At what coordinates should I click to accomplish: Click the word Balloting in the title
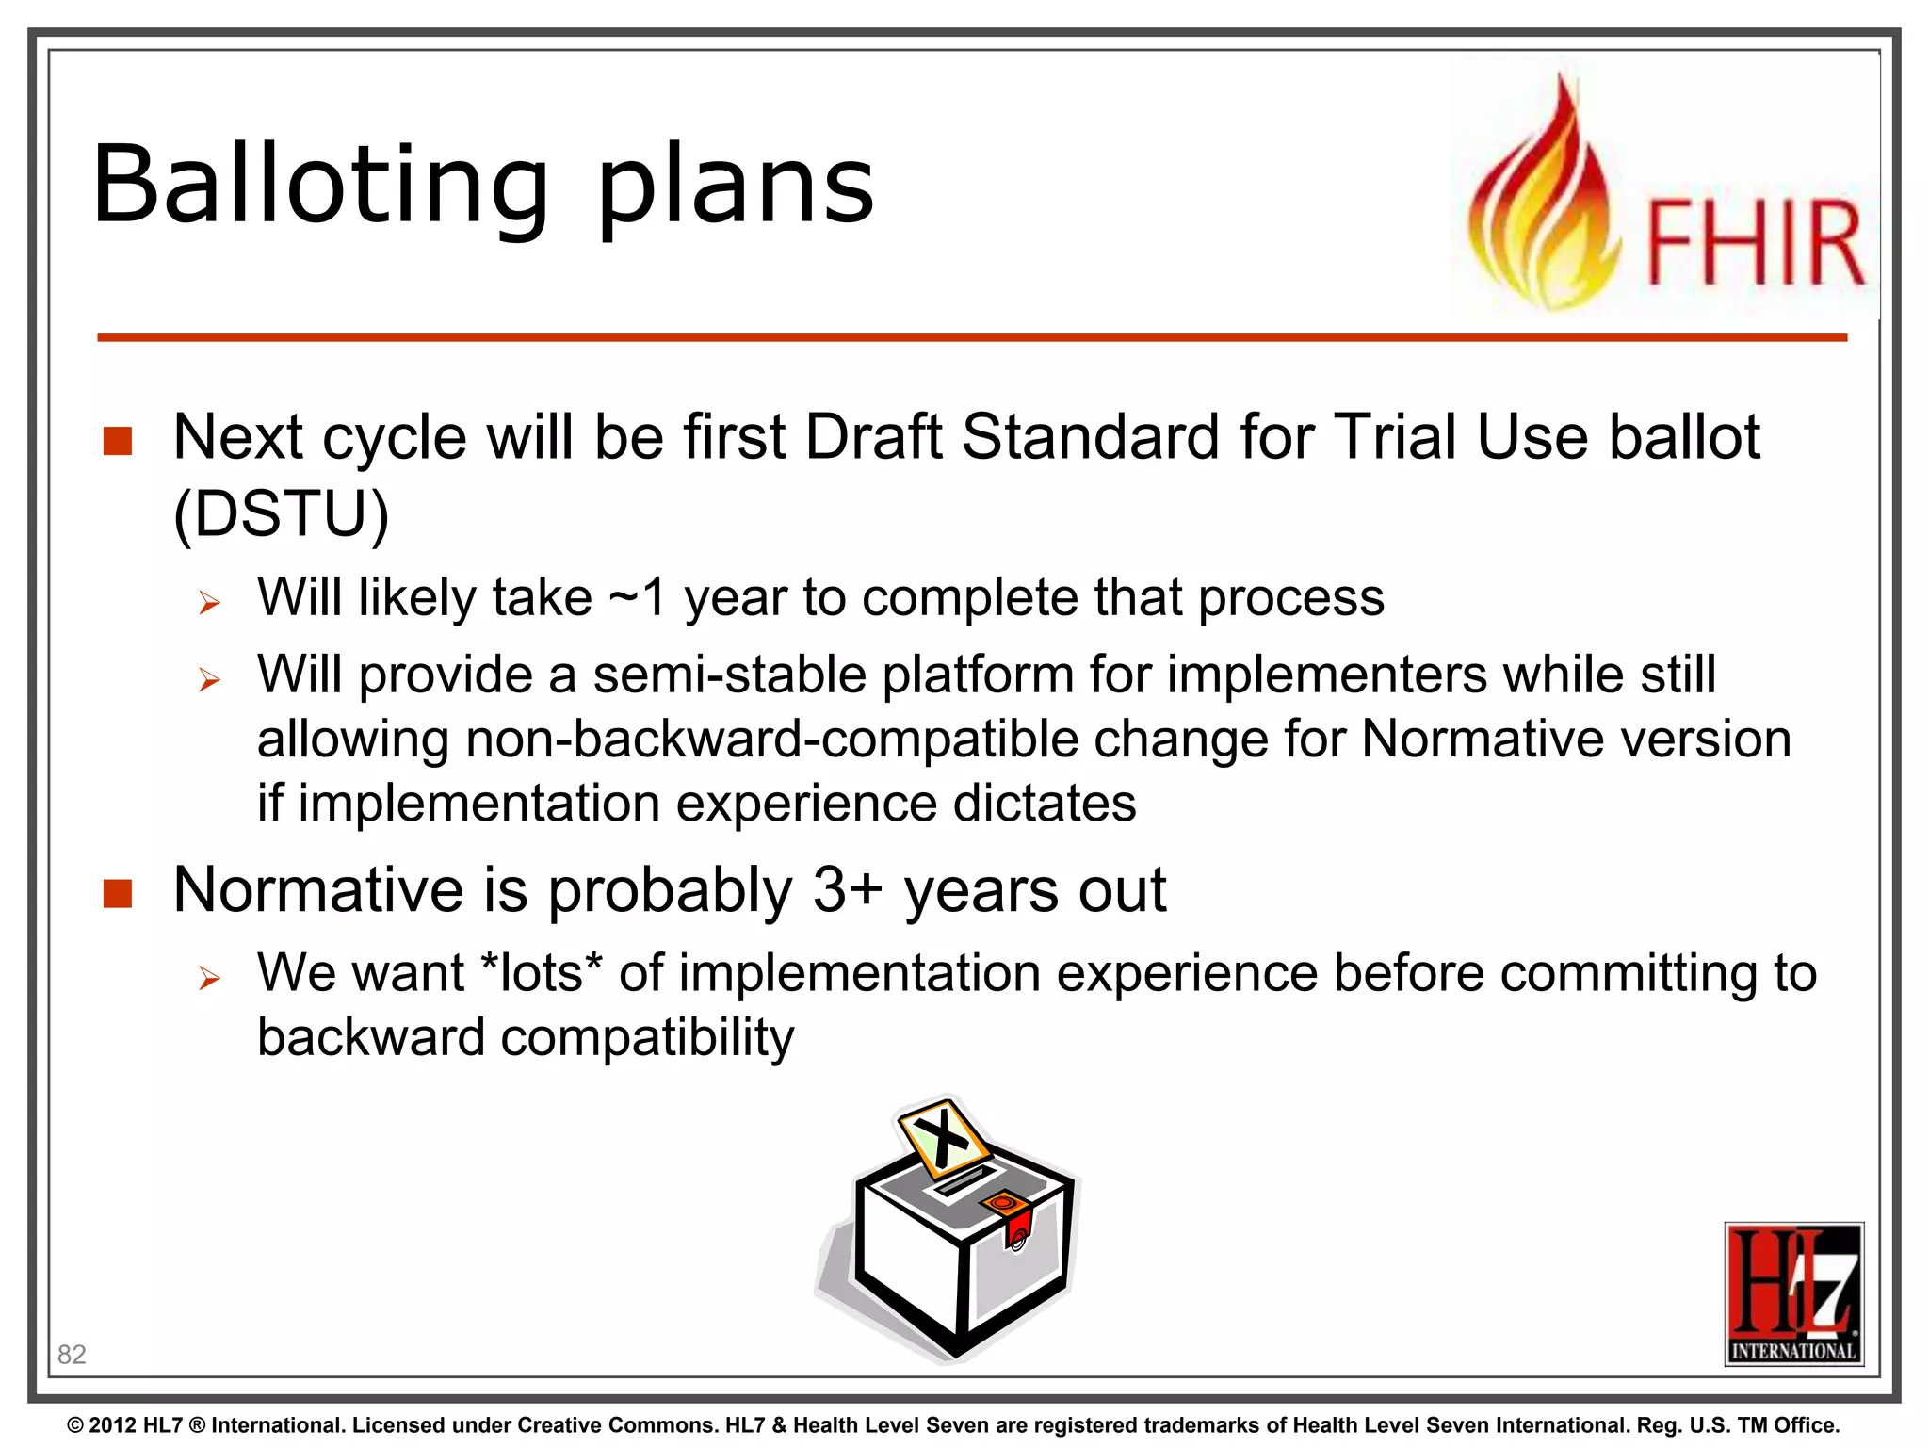pos(320,186)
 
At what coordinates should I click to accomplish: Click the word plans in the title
pos(736,186)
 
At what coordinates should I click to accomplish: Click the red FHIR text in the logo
pos(1755,242)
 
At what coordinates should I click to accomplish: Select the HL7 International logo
pos(1793,1293)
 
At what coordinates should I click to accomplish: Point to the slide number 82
pos(72,1354)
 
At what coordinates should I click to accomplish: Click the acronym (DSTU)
pos(281,514)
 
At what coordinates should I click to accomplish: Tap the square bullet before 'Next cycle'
pos(118,440)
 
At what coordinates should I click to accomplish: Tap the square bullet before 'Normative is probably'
pos(118,893)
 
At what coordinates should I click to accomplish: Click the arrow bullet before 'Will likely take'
pos(209,602)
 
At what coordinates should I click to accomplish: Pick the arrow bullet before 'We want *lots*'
pos(209,978)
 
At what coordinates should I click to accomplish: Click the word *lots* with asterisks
pos(541,973)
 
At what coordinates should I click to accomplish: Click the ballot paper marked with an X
pos(943,1138)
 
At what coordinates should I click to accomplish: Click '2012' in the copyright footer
pos(113,1425)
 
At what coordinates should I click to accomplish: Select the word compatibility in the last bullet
pos(647,1038)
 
